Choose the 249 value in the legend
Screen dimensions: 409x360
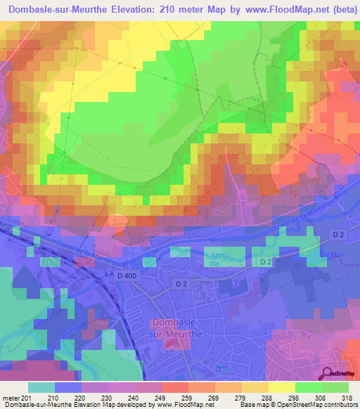coord(161,397)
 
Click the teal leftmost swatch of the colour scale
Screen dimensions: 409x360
coord(41,387)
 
